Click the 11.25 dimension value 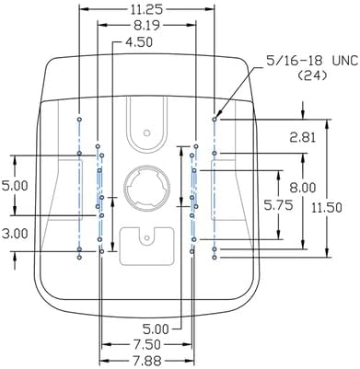[146, 9]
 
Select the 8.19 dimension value [146, 26]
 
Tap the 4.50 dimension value [139, 42]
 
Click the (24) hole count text [312, 75]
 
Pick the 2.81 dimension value [303, 137]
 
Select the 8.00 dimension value [303, 188]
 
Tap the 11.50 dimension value [327, 208]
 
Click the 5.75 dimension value [278, 205]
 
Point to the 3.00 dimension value [15, 234]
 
